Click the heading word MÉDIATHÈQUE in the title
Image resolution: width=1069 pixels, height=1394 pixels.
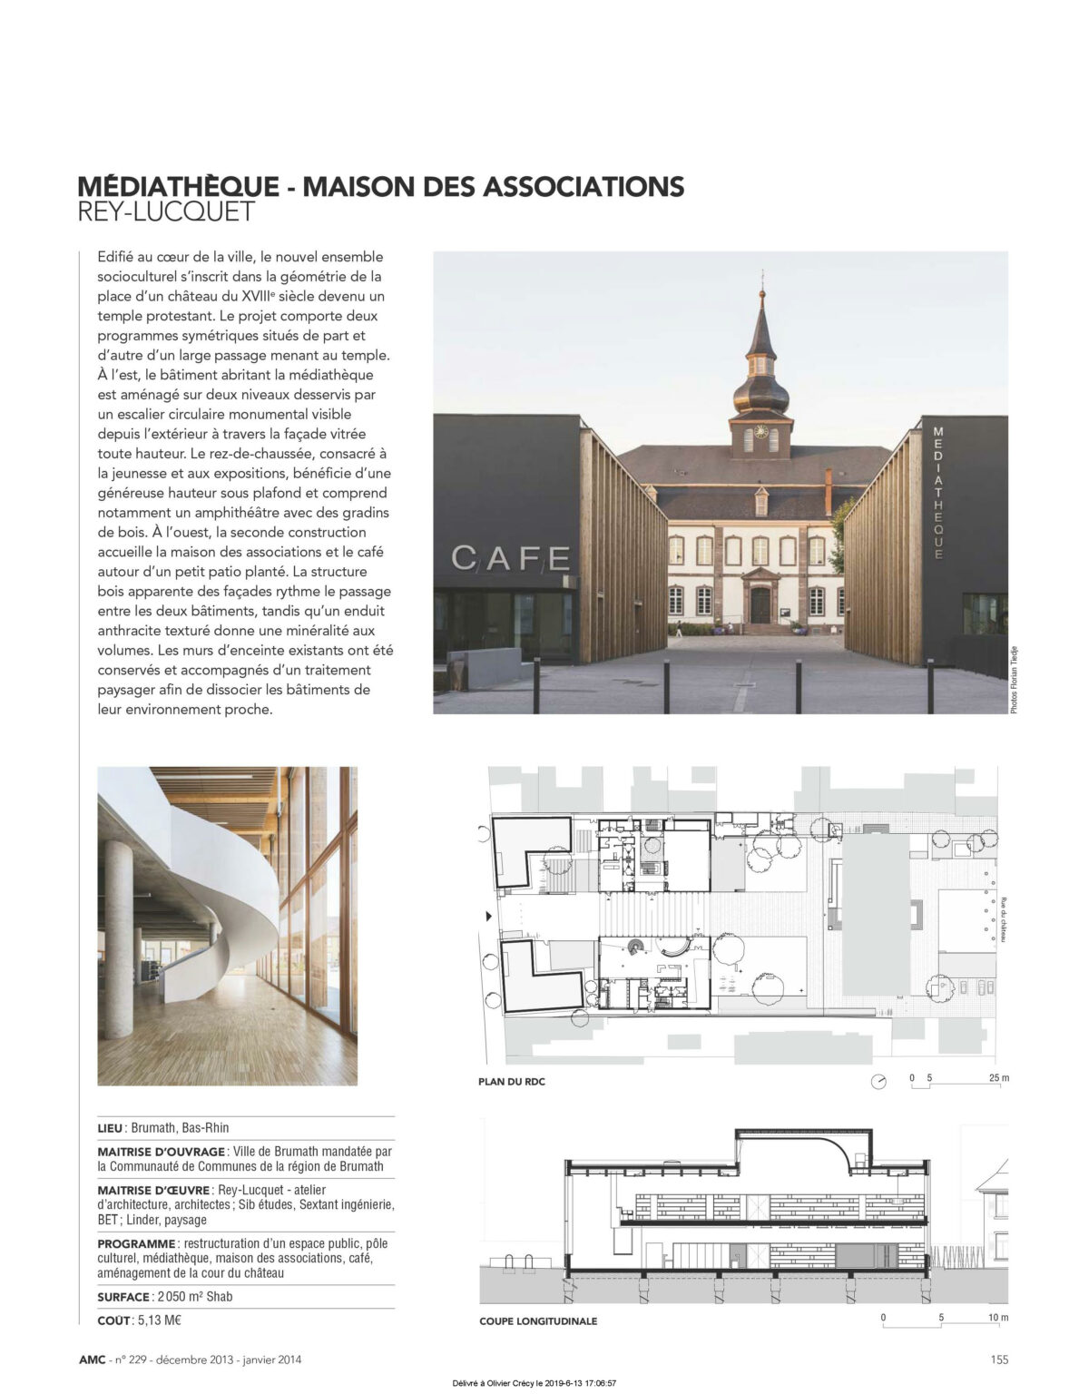[x=178, y=186]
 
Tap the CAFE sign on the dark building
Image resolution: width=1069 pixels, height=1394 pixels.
[x=511, y=557]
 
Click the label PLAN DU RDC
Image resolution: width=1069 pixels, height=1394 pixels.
[x=512, y=1082]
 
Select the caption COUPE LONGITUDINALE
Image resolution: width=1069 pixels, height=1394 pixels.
[x=538, y=1321]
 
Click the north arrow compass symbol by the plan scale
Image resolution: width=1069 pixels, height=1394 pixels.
[x=878, y=1081]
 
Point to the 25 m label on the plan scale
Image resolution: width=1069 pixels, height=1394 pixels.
[x=998, y=1078]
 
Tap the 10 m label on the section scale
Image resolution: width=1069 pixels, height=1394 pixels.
[x=997, y=1317]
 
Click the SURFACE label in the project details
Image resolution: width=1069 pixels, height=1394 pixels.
[x=123, y=1297]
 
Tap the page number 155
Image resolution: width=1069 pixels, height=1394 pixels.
[x=999, y=1360]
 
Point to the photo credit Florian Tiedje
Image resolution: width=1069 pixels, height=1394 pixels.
[x=1014, y=677]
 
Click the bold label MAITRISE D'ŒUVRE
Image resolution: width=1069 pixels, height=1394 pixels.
[x=152, y=1190]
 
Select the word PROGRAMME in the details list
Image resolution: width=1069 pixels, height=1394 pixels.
[x=136, y=1243]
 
